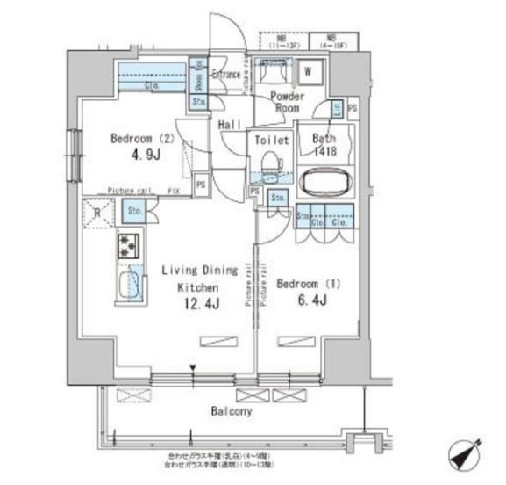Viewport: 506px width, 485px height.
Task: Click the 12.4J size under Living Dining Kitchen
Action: click(202, 304)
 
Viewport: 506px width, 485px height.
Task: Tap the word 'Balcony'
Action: click(231, 410)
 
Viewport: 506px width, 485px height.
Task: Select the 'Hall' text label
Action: click(231, 126)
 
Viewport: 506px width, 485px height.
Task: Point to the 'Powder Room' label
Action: click(286, 100)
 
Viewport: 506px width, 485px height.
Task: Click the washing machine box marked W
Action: click(310, 71)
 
